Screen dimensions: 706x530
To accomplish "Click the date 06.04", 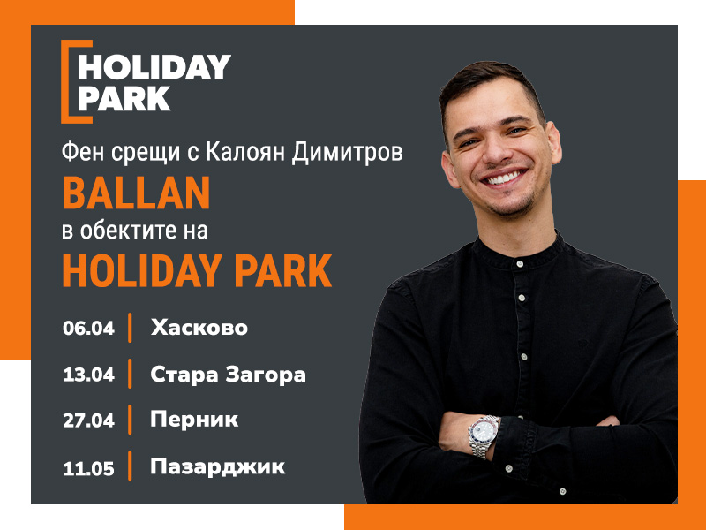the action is [89, 328].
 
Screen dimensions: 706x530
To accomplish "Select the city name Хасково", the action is [199, 327].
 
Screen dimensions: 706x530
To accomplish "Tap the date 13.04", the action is [89, 375].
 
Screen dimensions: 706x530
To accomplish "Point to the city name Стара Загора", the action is [228, 375].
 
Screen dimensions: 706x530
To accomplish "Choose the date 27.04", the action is [89, 420].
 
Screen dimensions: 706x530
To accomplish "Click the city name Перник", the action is [194, 420].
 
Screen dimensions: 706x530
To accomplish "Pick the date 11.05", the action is [89, 468].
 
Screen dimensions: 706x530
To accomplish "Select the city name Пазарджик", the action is [217, 467].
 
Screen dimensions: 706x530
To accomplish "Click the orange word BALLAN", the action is [136, 193].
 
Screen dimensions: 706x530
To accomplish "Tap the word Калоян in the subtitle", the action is [245, 152].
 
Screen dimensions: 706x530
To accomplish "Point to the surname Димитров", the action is [347, 152].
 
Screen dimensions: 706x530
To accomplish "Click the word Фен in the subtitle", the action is [83, 152].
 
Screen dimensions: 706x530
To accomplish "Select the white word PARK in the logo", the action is [124, 99].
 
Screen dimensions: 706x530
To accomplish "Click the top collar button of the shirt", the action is [520, 263].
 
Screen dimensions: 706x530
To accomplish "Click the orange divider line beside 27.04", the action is [130, 420].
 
